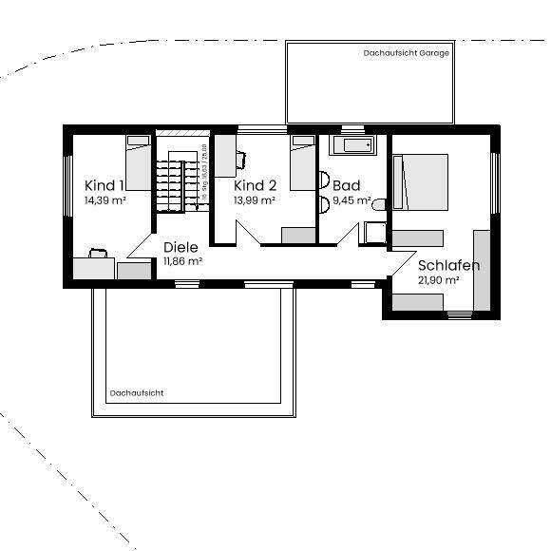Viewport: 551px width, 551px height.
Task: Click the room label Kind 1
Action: [x=104, y=185]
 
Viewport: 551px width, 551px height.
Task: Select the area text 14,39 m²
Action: [x=105, y=201]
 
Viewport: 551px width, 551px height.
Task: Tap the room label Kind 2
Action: [x=255, y=185]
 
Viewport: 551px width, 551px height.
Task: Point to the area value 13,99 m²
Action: [x=255, y=201]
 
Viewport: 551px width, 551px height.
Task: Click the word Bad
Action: [x=346, y=185]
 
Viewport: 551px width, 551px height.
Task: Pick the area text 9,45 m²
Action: [x=351, y=201]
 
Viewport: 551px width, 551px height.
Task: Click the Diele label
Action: [x=180, y=246]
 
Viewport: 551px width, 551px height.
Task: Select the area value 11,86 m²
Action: [x=182, y=261]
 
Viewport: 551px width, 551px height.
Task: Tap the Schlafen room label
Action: [x=448, y=265]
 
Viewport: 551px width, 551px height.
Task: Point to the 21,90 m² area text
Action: [x=439, y=281]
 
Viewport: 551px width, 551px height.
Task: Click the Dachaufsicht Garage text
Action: [x=406, y=53]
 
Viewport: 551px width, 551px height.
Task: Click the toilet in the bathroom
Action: [x=379, y=204]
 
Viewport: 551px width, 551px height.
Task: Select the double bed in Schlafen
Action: [x=421, y=182]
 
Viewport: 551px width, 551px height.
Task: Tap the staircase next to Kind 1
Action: [x=180, y=180]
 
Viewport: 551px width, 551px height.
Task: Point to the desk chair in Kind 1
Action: [x=98, y=253]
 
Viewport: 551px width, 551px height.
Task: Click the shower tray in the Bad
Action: [x=373, y=235]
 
